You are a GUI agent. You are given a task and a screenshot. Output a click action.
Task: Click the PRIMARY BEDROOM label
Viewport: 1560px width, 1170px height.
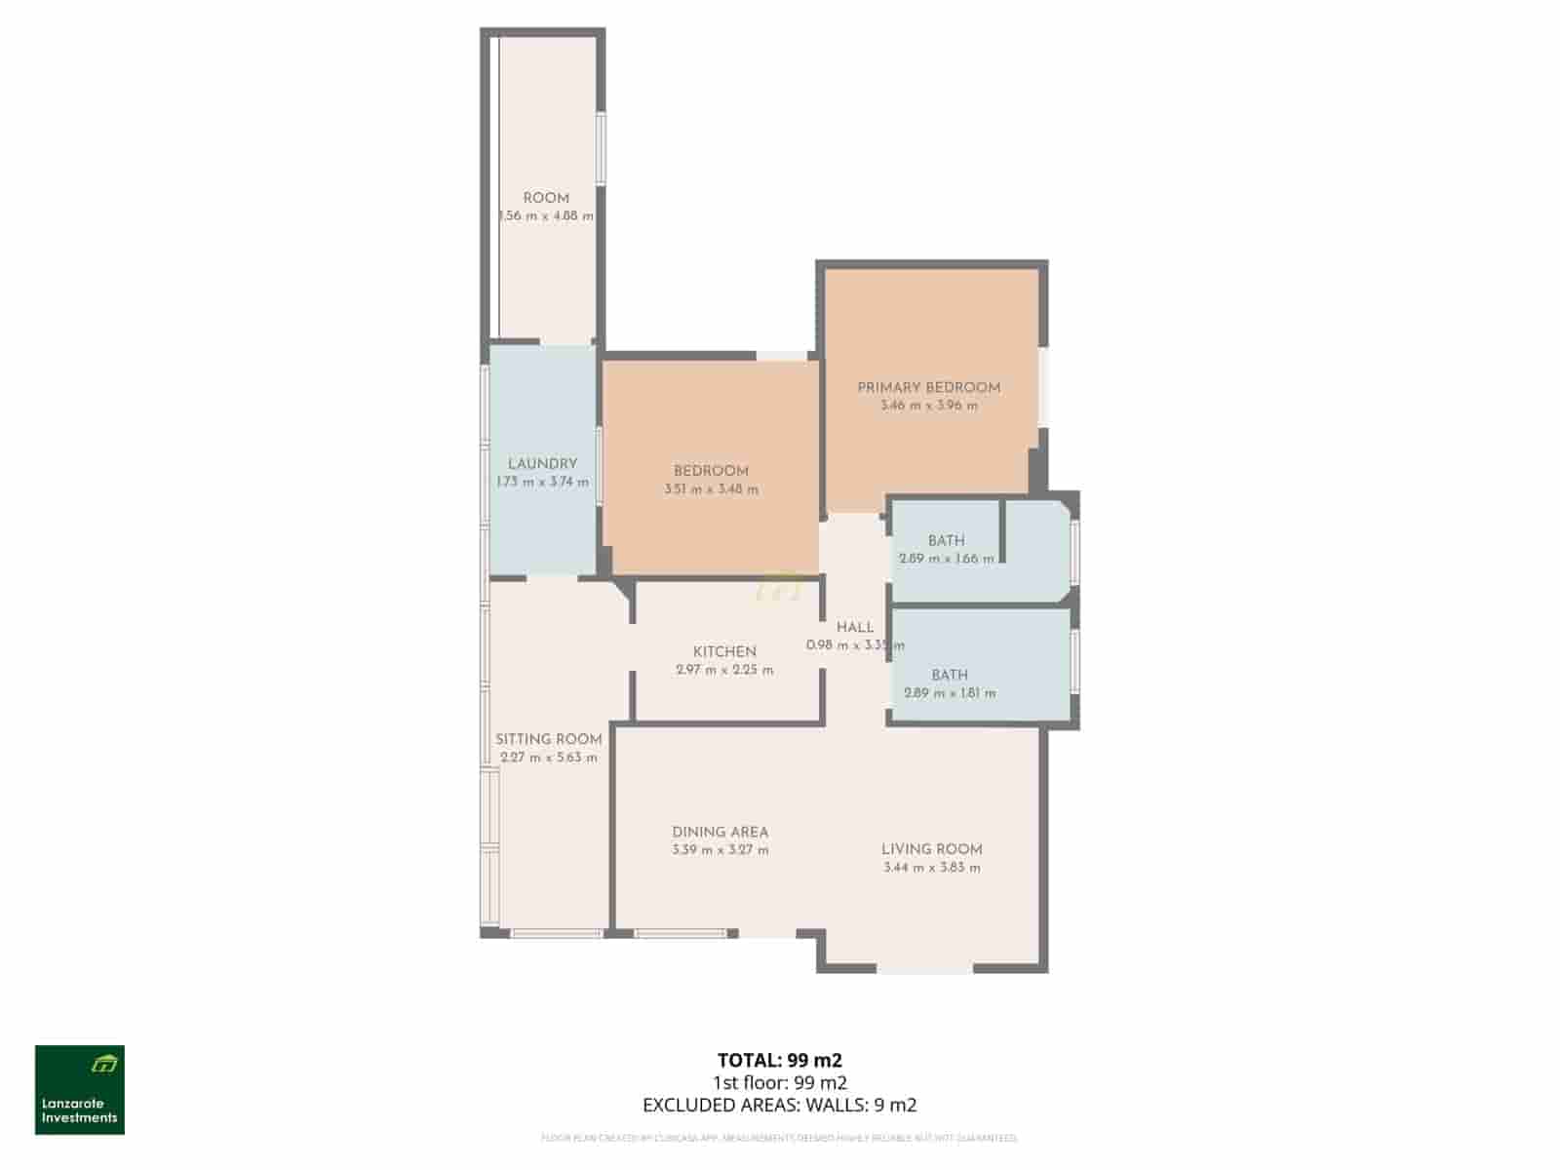928,387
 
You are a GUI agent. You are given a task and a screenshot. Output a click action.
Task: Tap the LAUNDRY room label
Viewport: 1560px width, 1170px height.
542,464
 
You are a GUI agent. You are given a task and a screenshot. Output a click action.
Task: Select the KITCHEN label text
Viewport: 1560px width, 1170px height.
724,651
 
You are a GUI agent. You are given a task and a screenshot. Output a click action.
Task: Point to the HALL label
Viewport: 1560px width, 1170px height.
854,627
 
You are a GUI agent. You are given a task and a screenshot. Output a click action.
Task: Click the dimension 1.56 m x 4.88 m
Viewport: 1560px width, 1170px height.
545,216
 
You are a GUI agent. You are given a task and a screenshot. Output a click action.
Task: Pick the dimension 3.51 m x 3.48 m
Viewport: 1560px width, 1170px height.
711,489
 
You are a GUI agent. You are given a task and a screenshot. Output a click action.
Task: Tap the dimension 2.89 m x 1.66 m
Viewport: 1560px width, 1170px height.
946,559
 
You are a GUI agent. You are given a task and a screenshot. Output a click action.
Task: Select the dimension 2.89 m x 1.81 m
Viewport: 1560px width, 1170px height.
950,693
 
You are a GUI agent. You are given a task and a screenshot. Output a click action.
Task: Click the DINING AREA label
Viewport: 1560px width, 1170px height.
720,832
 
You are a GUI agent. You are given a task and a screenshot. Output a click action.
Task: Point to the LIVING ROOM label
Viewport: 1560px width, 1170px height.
931,849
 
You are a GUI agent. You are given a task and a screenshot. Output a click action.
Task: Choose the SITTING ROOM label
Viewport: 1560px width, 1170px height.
548,739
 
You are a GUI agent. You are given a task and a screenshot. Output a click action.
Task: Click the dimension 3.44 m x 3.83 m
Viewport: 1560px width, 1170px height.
931,868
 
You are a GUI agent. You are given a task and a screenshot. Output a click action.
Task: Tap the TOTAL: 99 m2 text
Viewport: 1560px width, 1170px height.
779,1060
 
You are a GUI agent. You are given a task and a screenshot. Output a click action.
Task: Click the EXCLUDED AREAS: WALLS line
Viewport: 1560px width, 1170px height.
779,1105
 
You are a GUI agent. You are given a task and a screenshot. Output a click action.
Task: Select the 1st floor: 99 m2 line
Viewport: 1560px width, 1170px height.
779,1082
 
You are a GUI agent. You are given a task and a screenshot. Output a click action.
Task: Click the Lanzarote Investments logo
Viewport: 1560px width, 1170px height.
80,1090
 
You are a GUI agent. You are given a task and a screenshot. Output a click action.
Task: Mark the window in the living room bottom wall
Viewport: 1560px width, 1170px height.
924,970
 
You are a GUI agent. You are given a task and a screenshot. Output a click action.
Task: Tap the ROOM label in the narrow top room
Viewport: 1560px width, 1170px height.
545,198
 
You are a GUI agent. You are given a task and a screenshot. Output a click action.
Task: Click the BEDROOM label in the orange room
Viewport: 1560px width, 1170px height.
711,471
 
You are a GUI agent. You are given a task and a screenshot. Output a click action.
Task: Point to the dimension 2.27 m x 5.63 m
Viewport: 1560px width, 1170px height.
548,758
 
